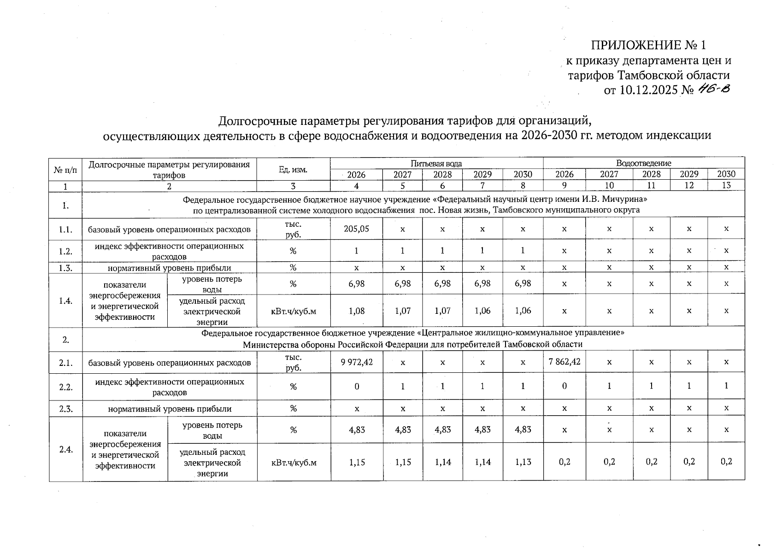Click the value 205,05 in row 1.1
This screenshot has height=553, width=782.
coord(356,228)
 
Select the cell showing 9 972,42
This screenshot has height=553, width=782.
coord(356,362)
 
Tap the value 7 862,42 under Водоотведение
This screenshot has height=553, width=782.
coord(564,362)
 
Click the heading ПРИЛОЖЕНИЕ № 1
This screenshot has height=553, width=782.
coord(648,45)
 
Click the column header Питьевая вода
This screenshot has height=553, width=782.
coord(436,163)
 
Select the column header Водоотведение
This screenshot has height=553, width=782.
coord(643,163)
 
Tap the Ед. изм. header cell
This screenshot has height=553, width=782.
coord(293,170)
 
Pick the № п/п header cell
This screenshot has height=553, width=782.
coord(65,170)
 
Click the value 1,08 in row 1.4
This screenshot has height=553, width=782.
coord(356,311)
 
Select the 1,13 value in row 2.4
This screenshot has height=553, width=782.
coord(523,462)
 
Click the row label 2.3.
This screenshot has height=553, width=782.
coord(65,409)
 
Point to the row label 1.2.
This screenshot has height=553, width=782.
coord(65,251)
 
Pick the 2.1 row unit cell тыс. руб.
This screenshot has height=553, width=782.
coord(293,362)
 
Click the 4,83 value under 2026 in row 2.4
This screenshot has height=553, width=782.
coord(356,429)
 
